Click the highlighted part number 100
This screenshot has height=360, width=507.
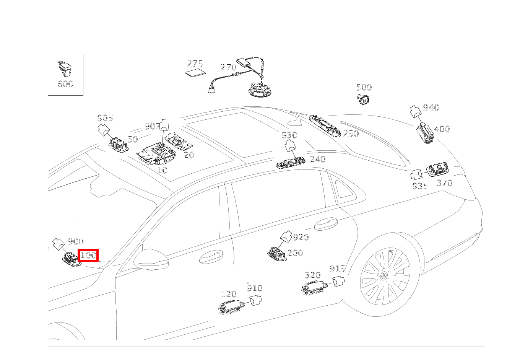tap(88, 255)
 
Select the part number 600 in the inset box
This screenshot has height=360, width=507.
tap(65, 84)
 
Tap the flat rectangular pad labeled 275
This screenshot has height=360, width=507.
tap(195, 73)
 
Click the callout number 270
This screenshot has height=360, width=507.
tap(228, 67)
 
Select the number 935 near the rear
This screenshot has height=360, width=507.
tap(420, 186)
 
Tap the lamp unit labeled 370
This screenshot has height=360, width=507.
tap(437, 169)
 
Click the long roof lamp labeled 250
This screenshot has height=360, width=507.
tap(325, 125)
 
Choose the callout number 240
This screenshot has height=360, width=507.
tap(318, 159)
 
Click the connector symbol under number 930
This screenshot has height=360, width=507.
tap(290, 147)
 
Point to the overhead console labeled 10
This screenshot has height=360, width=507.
tap(156, 153)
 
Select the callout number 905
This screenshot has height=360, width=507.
tap(105, 118)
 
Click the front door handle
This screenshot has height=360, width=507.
tap(211, 257)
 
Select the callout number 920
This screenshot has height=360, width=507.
tap(301, 238)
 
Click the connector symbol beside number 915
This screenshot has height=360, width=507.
tap(338, 281)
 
